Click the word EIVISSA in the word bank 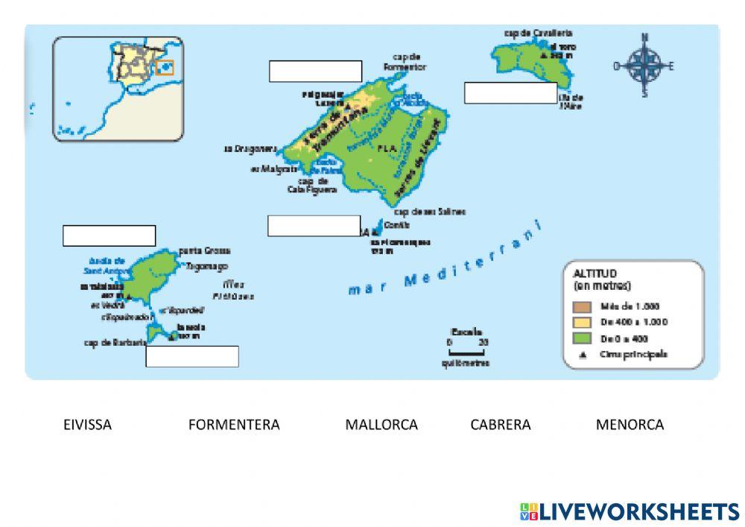point(87,425)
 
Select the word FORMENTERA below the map point(234,425)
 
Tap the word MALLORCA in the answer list point(381,425)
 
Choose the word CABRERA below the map point(501,425)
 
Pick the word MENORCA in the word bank point(630,425)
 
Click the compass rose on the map point(644,66)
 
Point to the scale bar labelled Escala point(469,348)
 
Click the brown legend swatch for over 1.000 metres point(583,306)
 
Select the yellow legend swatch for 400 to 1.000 point(583,322)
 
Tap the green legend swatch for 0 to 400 point(583,338)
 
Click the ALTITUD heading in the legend point(595,274)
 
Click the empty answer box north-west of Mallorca point(315,71)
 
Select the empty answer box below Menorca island point(510,93)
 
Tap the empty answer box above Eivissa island point(109,236)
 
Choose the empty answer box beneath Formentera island point(192,357)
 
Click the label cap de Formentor point(405,61)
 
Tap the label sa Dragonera point(250,148)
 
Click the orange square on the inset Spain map point(165,68)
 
